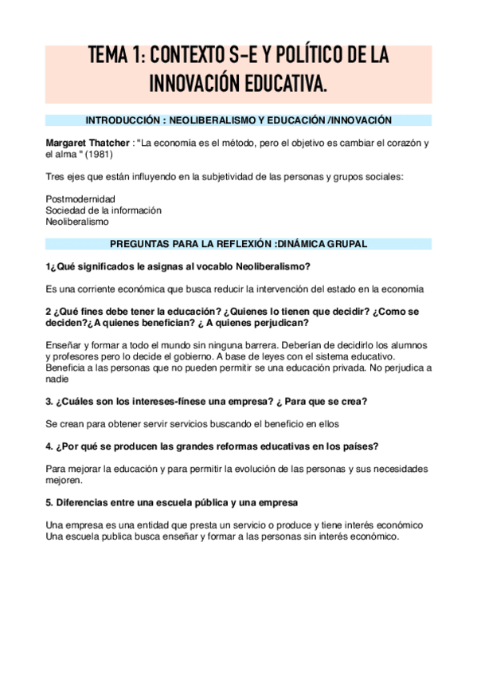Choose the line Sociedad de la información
(x=104, y=210)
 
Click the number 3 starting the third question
(x=49, y=401)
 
